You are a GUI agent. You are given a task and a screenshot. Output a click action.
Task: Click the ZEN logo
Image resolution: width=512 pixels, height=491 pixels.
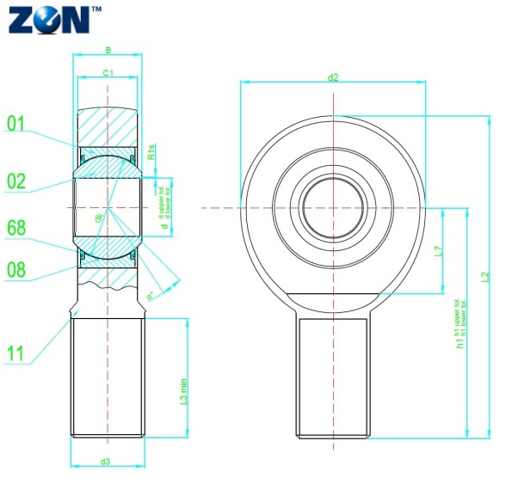point(50,19)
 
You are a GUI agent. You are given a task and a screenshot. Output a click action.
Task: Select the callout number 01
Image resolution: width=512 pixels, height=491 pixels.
point(16,124)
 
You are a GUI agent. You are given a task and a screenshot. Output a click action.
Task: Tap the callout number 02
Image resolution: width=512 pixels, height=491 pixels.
point(16,181)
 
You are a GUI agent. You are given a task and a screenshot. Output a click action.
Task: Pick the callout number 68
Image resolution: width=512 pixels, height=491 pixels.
point(16,228)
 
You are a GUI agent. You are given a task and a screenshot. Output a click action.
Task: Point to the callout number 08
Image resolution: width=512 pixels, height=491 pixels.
point(16,269)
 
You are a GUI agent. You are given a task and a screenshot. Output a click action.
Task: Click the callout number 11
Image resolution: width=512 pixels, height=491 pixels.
point(15,353)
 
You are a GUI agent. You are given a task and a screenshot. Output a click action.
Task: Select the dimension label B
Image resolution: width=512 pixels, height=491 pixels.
point(108,51)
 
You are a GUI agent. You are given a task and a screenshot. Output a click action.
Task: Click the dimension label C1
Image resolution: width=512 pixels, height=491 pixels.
point(108,75)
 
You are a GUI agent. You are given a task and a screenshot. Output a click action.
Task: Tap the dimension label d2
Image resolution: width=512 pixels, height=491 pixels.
point(333,77)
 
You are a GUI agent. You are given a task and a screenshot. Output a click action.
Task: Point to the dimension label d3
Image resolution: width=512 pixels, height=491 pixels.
point(105,462)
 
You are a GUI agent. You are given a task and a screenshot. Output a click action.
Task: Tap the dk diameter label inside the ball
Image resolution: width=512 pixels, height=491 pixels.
point(101,219)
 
